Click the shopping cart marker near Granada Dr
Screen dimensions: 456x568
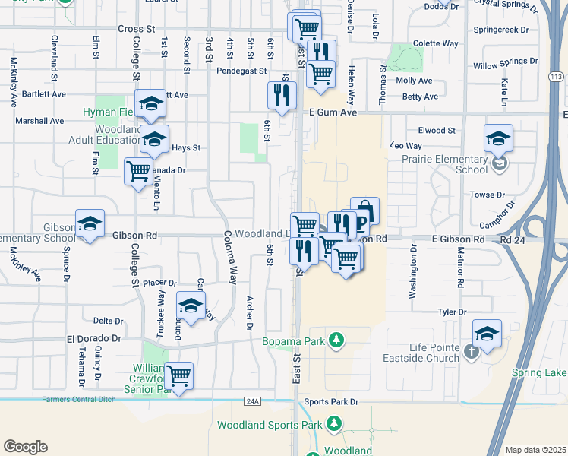(x=138, y=171)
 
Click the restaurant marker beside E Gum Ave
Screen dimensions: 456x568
(x=282, y=96)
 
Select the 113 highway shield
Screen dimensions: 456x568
(x=557, y=77)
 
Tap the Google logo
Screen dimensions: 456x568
(x=25, y=447)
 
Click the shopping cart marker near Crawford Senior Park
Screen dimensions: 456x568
(x=179, y=375)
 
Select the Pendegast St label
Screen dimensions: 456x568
(x=242, y=71)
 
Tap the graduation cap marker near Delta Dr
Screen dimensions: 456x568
(x=191, y=306)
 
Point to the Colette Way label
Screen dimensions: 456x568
(x=435, y=43)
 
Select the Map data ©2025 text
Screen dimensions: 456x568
(x=535, y=450)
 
